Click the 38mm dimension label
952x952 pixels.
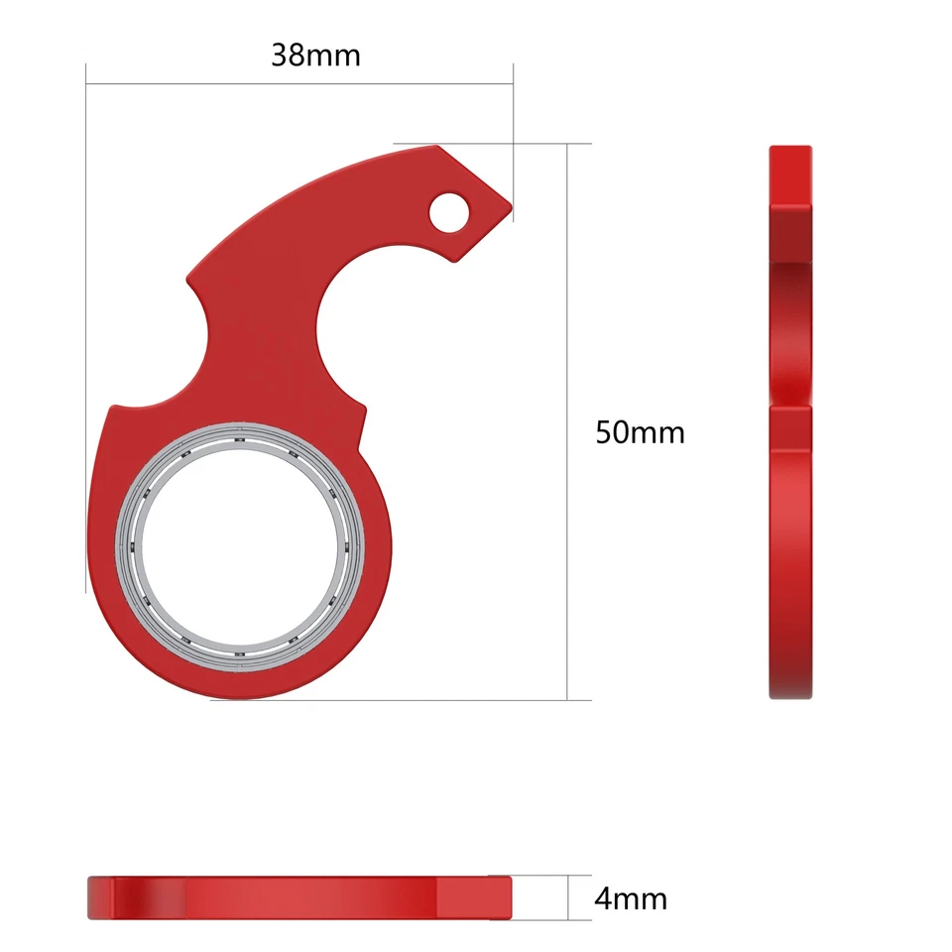point(315,55)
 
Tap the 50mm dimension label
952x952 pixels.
point(640,432)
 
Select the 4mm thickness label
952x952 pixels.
point(631,899)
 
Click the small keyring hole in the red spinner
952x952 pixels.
point(452,210)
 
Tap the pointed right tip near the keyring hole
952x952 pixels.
point(508,208)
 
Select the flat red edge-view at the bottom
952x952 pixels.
point(297,897)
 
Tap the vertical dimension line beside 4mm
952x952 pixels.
point(567,897)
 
